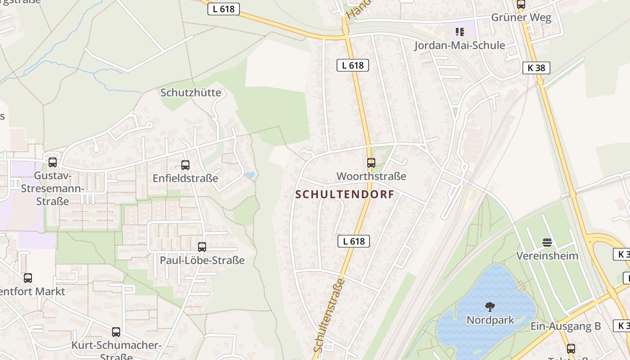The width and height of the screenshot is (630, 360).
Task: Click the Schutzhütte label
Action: coord(191,93)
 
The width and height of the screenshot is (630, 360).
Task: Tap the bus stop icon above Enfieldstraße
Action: coord(185,165)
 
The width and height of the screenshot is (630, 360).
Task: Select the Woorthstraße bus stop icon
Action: coord(371,163)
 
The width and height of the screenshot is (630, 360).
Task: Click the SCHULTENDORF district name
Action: coord(345,194)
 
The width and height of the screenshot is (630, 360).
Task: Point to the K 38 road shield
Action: coord(536,68)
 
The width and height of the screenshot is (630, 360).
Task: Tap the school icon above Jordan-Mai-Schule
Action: coord(459,31)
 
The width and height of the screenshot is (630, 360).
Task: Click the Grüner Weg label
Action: coord(521,18)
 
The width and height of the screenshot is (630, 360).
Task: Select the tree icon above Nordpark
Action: coord(490,307)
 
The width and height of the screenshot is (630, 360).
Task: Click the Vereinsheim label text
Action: coord(547,256)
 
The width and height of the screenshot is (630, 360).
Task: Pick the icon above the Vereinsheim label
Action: coord(547,243)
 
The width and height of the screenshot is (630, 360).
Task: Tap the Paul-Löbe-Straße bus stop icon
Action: coord(202,247)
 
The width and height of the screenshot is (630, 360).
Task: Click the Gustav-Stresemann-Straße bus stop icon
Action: coord(53,162)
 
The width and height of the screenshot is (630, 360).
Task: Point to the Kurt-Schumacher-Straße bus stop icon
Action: coord(116,332)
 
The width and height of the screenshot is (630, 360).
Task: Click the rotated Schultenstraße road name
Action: coord(329,315)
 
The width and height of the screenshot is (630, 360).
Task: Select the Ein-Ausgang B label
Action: coord(566,326)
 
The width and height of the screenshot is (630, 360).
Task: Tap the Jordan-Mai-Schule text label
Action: coord(459,45)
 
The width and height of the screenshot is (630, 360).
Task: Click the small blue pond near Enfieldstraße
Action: coord(249,175)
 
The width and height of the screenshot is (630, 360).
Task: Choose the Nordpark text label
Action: coord(490,320)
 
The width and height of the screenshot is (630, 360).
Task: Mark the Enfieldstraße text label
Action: coord(185,178)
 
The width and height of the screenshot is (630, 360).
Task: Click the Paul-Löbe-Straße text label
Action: coord(202,260)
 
